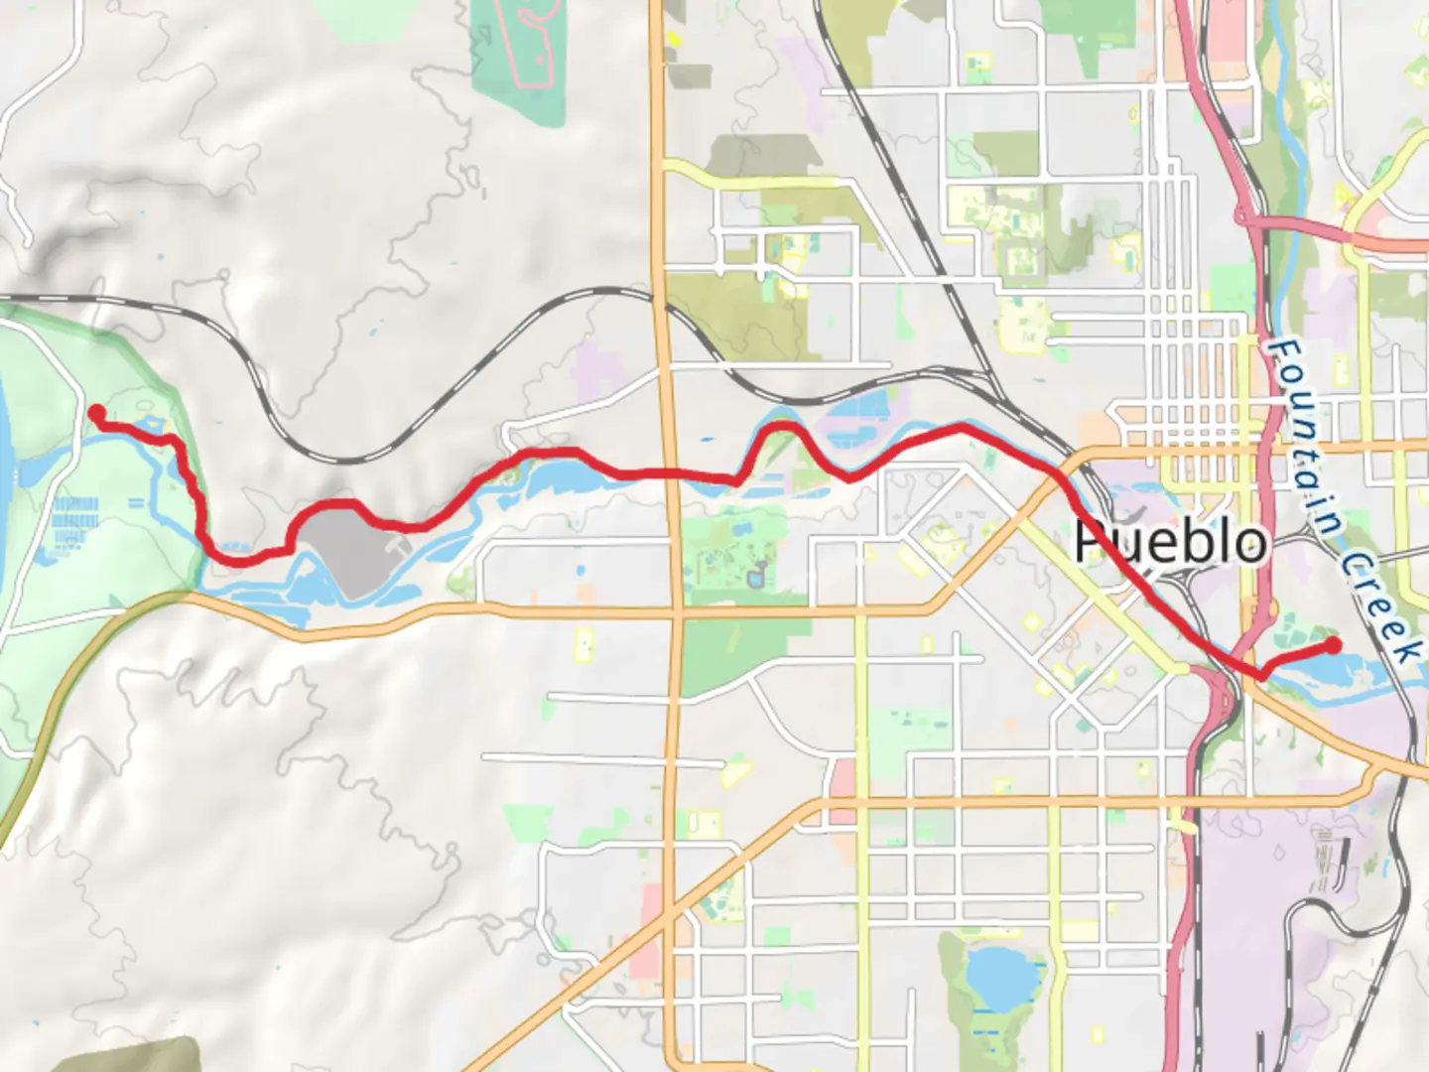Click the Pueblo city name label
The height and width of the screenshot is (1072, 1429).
tap(1171, 542)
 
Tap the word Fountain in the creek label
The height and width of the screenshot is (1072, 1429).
tap(1302, 426)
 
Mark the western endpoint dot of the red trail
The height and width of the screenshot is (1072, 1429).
tap(97, 413)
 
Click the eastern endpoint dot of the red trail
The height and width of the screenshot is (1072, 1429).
tap(1334, 645)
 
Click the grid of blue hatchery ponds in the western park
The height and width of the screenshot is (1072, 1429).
tap(75, 521)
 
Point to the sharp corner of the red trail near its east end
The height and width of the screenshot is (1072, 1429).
tap(1261, 676)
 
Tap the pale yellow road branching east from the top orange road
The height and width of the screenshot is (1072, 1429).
tap(754, 182)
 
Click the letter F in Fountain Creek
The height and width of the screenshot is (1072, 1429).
tap(1284, 353)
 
